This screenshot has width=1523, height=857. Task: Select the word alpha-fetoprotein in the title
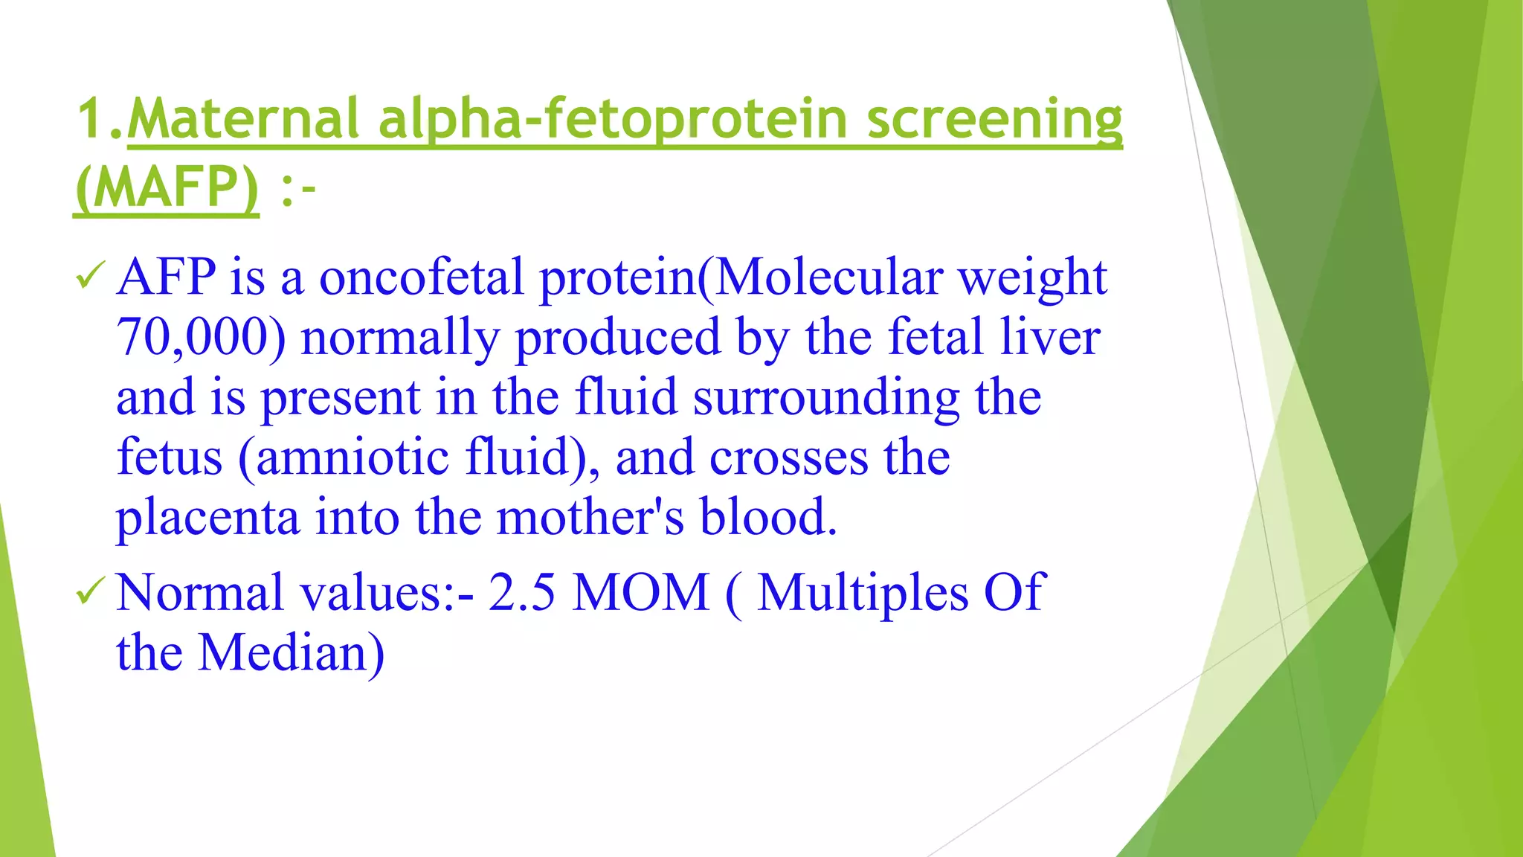pos(613,119)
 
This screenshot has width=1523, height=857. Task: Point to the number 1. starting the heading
pos(101,119)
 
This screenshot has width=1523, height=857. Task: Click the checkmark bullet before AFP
pos(91,277)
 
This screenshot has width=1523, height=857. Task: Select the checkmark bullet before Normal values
pos(91,592)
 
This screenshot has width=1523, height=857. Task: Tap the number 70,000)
pos(201,337)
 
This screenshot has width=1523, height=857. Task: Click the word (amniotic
pos(344,457)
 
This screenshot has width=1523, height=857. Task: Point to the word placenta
pos(207,517)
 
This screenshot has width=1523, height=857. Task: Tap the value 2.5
pos(522,593)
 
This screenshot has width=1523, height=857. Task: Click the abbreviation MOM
pos(641,593)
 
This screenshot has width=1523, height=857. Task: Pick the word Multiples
pos(863,593)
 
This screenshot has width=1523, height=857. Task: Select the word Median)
pos(291,652)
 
